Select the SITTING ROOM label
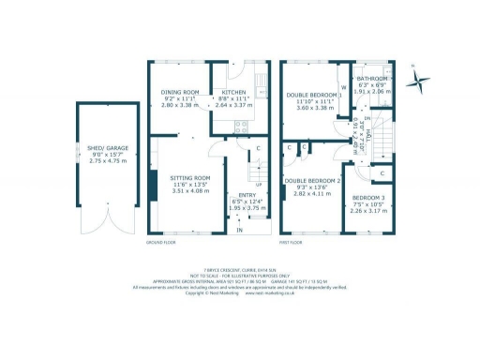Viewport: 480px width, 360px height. click(189, 177)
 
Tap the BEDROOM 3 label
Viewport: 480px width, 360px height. click(367, 198)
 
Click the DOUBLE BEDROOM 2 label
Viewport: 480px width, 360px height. click(313, 180)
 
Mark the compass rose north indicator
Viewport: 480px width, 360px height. click(419, 77)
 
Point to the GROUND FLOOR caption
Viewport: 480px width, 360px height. click(164, 242)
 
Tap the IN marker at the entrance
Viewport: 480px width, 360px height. click(240, 230)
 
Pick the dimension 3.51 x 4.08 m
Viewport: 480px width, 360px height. click(189, 191)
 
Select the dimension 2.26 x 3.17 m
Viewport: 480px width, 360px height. click(367, 212)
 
